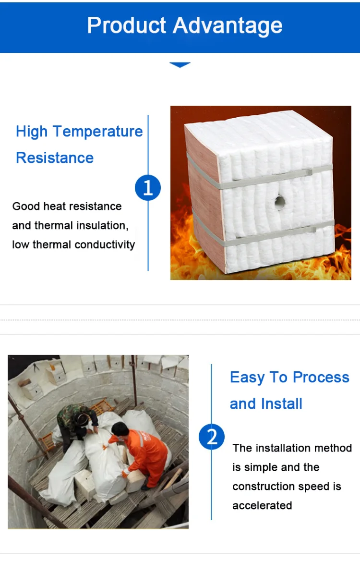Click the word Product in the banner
[x=126, y=25]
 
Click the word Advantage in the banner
[x=228, y=25]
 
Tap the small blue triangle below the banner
[x=180, y=65]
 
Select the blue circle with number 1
[x=148, y=187]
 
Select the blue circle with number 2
[x=212, y=437]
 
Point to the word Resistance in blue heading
[x=55, y=158]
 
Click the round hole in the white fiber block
[x=280, y=202]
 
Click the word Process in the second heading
[x=321, y=377]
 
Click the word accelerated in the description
[x=262, y=505]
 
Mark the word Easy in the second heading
[x=247, y=377]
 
